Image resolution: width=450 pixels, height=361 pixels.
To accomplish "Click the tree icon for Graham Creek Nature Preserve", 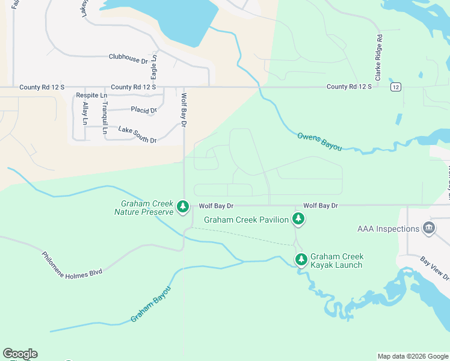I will (183, 207).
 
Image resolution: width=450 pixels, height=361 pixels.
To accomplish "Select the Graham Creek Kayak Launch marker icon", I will (301, 260).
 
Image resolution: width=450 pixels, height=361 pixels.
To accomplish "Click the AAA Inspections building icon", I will (428, 229).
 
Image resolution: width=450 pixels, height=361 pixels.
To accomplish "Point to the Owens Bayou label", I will (319, 141).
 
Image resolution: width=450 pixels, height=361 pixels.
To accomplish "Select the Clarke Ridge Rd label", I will (378, 58).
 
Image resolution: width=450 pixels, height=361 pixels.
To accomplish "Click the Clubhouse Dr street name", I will (128, 58).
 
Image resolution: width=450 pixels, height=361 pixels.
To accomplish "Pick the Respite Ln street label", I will (91, 96).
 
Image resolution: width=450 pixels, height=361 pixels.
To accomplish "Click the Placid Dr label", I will (144, 110).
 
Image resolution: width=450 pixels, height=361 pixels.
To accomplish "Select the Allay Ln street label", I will (85, 113).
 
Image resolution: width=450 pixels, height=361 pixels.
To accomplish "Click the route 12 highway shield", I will (395, 87).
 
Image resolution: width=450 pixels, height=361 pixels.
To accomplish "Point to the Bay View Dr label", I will (434, 268).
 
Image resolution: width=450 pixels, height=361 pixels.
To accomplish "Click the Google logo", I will (20, 354).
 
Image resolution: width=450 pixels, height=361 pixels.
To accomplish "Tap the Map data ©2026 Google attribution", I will (412, 356).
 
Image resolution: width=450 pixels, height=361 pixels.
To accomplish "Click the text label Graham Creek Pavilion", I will (246, 220).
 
